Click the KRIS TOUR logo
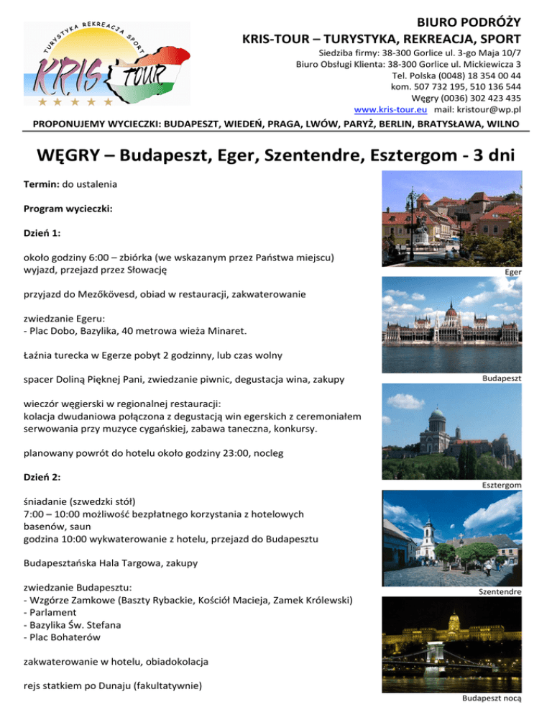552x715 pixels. click(106, 63)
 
